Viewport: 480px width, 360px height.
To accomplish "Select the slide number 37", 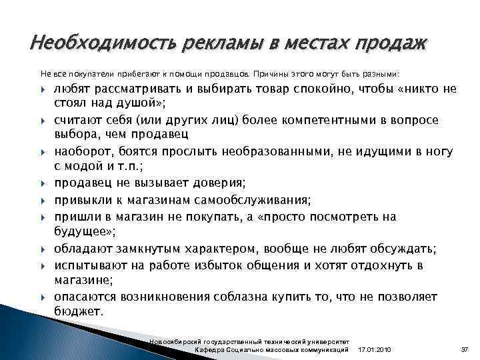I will coord(465,349).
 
